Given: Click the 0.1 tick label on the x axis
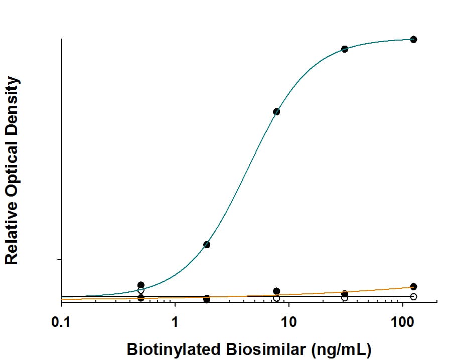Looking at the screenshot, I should [x=61, y=320].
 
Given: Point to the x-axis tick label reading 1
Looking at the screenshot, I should [x=175, y=320].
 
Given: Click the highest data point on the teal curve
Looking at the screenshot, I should [x=413, y=39].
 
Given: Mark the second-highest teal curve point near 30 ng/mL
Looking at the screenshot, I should [x=345, y=49].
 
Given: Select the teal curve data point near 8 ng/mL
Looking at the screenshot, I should [x=276, y=111].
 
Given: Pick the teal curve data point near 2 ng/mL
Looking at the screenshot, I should [x=207, y=245].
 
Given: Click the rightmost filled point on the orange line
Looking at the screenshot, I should [x=413, y=286].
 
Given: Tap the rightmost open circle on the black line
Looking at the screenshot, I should [x=413, y=296].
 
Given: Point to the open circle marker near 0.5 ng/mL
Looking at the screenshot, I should [x=141, y=290].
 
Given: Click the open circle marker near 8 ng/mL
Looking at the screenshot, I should [x=276, y=298].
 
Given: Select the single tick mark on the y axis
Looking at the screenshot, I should [x=59, y=259].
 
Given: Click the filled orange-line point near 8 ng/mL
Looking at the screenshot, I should [x=276, y=291].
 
